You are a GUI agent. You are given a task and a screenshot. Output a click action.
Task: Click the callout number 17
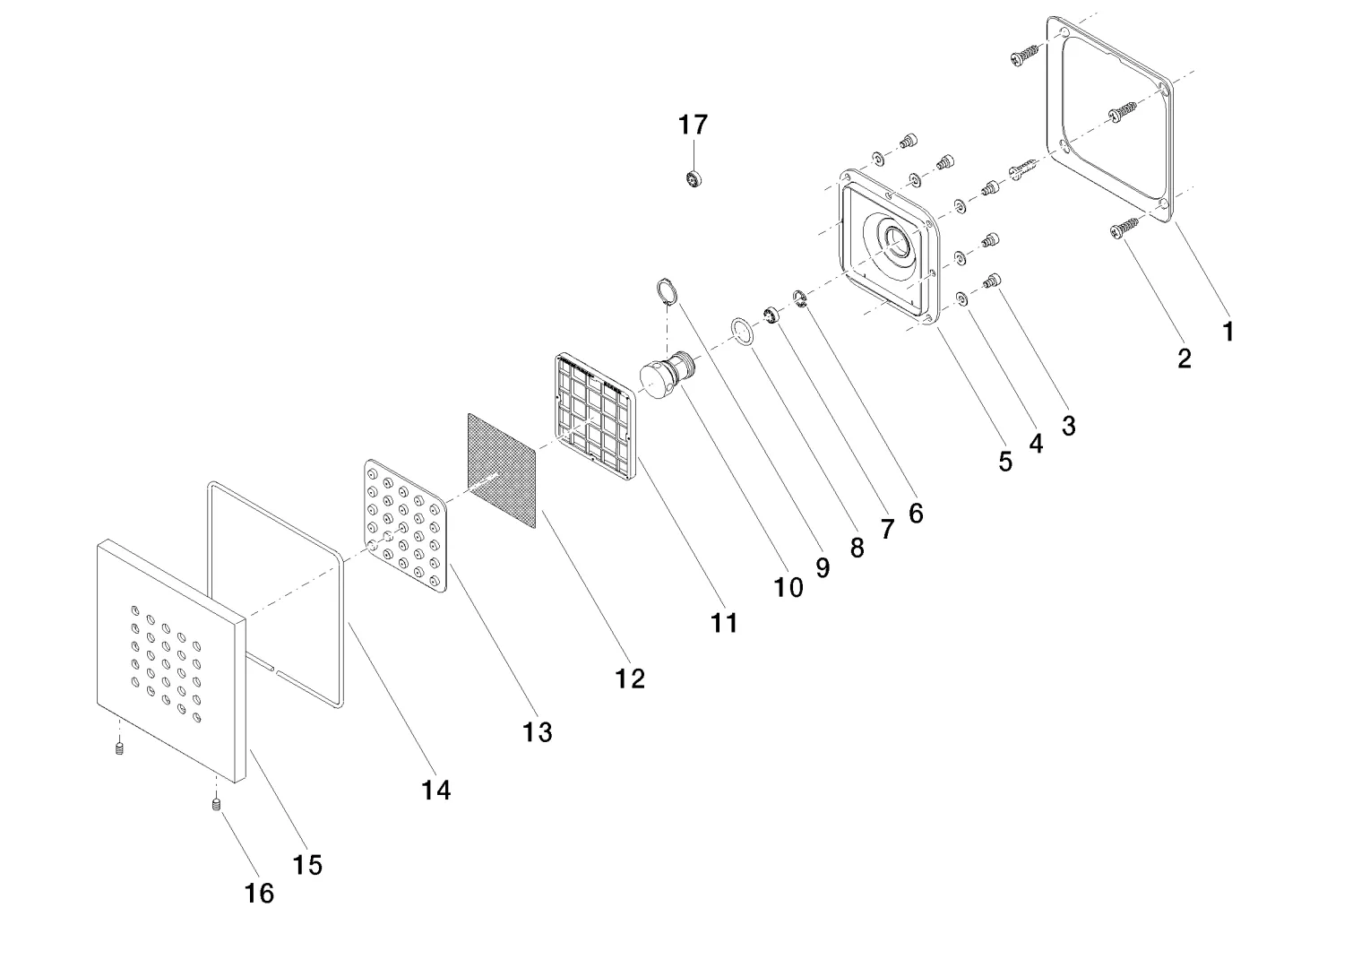click(693, 125)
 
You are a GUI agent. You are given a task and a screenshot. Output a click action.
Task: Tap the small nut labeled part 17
click(694, 178)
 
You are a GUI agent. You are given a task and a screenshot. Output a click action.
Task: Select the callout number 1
click(1228, 332)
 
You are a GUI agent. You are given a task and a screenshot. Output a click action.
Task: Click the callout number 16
click(260, 893)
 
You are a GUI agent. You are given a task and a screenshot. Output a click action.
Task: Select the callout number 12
click(630, 678)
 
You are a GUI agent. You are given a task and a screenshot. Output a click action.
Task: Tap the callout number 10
click(788, 587)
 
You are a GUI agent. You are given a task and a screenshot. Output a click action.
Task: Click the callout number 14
click(436, 790)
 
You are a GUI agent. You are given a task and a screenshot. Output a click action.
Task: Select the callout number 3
click(1068, 426)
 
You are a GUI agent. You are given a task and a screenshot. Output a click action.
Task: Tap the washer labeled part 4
click(961, 298)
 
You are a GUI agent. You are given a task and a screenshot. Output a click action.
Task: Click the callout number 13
click(538, 732)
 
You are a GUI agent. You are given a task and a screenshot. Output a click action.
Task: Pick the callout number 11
click(724, 622)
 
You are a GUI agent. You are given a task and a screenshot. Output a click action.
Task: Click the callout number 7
click(887, 529)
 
